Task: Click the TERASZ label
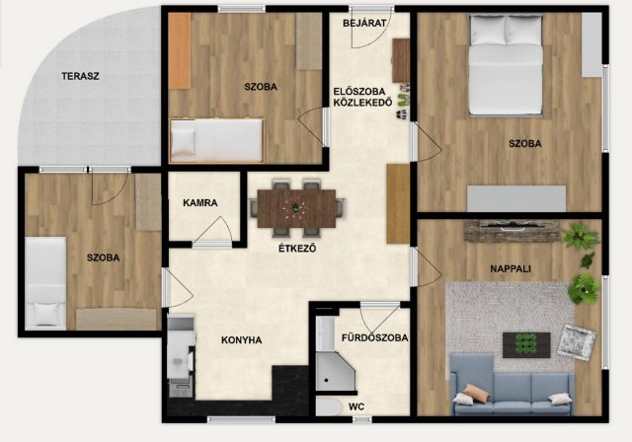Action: pos(80,76)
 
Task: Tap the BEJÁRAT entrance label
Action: pos(364,24)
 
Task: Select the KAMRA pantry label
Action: pos(199,203)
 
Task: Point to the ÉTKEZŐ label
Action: pos(297,249)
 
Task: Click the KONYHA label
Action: pos(241,340)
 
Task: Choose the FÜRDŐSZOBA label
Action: pos(375,337)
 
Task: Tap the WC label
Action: pos(356,406)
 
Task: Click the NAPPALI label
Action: pos(511,269)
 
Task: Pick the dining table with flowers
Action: pos(296,208)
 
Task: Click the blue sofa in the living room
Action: pos(512,386)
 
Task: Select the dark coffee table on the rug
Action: pos(526,345)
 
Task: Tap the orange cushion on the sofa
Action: pos(473,392)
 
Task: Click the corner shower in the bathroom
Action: pos(335,370)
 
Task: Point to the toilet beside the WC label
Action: pos(329,406)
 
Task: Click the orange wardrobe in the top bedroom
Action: pos(180,50)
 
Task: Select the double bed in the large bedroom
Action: pos(506,65)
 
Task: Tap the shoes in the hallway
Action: pos(403,102)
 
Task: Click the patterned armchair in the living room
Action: pos(577,342)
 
